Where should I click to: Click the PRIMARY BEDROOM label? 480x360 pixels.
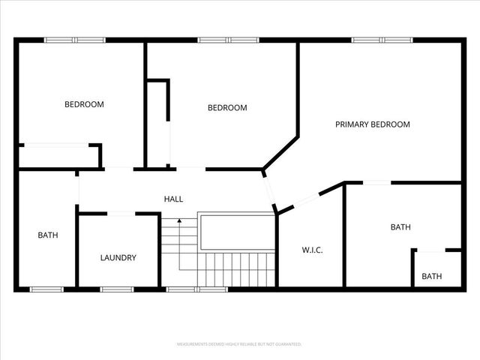[x=372, y=124]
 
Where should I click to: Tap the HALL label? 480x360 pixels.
[x=173, y=199]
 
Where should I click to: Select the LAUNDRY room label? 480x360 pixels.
[x=118, y=258]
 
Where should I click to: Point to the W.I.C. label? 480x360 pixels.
[x=312, y=250]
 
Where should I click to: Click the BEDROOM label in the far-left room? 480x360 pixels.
[x=84, y=104]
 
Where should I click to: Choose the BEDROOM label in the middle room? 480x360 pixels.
[x=226, y=108]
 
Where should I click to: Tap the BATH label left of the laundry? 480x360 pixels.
[x=48, y=235]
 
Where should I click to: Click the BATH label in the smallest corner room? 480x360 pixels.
[x=431, y=276]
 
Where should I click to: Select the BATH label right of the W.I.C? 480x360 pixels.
[x=400, y=226]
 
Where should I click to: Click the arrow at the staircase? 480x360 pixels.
[x=179, y=221]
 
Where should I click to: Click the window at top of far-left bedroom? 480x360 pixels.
[x=74, y=40]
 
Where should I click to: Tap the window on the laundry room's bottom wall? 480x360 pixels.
[x=117, y=289]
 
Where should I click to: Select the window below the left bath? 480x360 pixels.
[x=46, y=289]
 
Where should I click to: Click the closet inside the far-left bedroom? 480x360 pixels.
[x=58, y=156]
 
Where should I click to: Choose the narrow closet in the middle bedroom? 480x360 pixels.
[x=157, y=124]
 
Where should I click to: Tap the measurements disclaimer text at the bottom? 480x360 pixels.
[x=239, y=344]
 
